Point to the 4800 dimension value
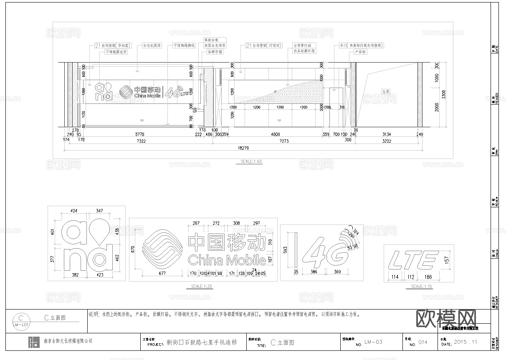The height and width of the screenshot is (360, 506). pos(276,134)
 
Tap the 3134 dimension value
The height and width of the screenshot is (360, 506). pos(386,134)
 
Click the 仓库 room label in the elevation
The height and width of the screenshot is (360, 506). pos(385,91)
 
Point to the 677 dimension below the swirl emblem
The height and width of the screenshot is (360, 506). pos(162,273)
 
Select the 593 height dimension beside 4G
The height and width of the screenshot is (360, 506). pos(285,249)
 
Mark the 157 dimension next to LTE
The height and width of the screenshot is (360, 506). pos(448,260)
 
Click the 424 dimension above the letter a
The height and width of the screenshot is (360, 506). pos(74,211)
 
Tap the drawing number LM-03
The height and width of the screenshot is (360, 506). pos(373,342)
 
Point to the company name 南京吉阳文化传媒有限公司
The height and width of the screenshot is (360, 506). pos(68,341)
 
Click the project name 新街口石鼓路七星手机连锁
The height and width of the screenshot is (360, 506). pos(201,342)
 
